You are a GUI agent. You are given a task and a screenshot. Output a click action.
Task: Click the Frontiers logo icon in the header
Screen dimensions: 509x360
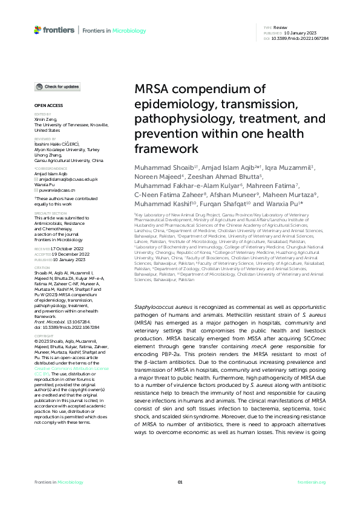click(38, 30)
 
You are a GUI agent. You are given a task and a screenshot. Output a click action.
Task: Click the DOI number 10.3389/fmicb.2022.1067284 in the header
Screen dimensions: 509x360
click(300, 37)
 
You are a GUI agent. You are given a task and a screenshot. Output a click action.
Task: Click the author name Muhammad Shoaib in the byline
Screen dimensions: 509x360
click(160, 166)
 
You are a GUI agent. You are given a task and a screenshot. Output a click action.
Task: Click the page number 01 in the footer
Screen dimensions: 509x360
click(180, 482)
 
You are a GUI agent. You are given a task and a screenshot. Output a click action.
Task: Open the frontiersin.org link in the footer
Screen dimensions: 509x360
click(312, 482)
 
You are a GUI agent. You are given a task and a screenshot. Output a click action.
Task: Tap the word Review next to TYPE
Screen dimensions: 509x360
click(280, 28)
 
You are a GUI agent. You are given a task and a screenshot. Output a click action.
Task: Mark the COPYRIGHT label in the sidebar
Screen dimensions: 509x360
click(44, 334)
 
